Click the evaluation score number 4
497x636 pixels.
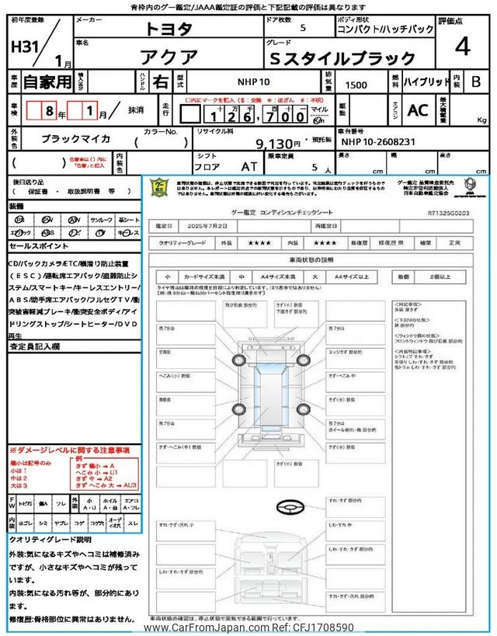tap(463, 47)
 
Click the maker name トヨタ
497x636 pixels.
tap(168, 29)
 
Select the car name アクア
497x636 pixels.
tap(168, 57)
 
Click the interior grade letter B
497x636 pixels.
tap(476, 81)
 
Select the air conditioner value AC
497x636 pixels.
tap(418, 110)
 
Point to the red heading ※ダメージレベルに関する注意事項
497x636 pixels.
tap(69, 450)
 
